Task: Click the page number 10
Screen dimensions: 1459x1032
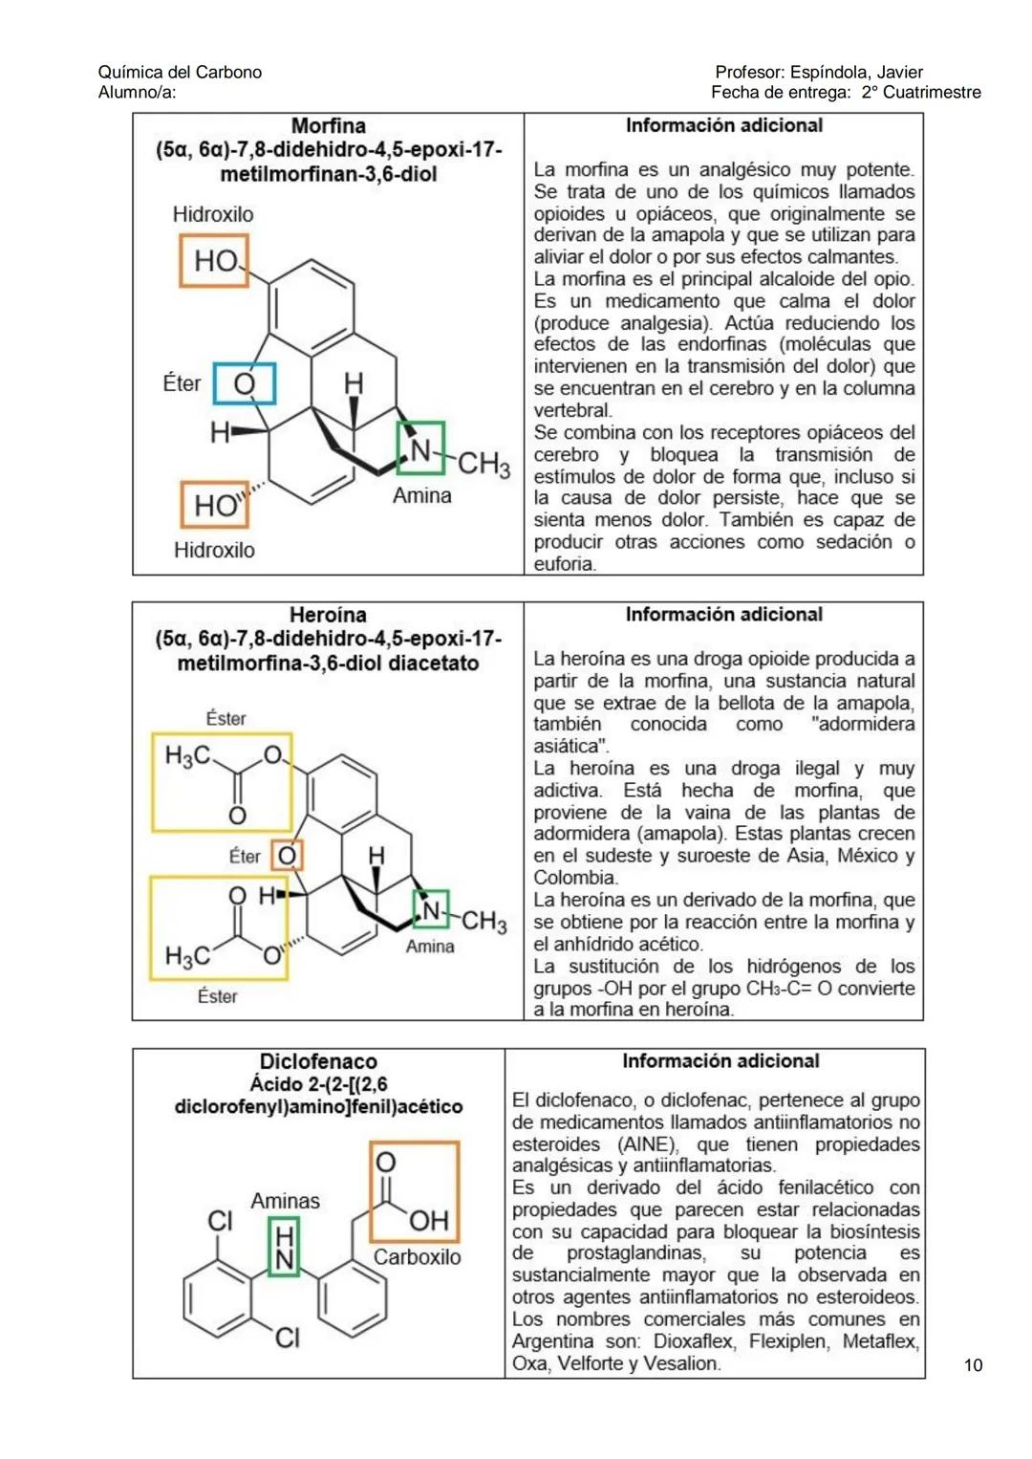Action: point(973,1364)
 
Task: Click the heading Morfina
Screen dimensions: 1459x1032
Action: point(328,126)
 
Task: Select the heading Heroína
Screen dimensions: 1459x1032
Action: point(328,615)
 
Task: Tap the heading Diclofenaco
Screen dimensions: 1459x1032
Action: point(318,1061)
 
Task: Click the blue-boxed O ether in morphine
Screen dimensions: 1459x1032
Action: point(244,383)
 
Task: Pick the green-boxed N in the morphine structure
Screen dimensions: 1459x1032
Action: point(420,448)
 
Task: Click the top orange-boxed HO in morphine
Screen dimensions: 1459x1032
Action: point(214,261)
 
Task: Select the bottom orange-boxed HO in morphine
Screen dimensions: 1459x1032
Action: point(214,505)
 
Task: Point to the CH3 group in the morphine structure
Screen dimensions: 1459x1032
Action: point(484,465)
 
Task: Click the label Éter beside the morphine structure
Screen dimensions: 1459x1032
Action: point(182,383)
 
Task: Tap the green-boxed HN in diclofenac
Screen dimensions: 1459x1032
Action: point(285,1248)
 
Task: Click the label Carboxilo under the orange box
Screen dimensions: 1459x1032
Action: point(417,1257)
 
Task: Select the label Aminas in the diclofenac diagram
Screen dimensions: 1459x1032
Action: point(285,1201)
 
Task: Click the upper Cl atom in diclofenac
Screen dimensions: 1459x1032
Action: point(221,1221)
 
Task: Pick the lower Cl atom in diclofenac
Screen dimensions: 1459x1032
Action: point(287,1337)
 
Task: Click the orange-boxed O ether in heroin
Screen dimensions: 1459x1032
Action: point(287,855)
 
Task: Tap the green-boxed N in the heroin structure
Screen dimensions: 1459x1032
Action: point(431,910)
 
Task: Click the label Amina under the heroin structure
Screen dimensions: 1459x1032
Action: point(430,947)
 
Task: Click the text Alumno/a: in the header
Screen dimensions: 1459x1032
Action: point(137,93)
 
